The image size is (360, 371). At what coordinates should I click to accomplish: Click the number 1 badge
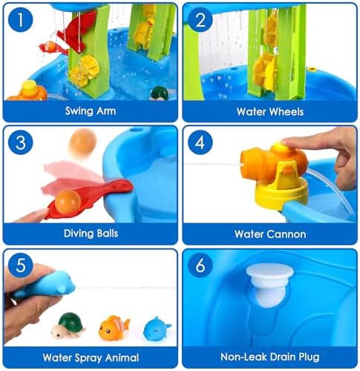point(21,19)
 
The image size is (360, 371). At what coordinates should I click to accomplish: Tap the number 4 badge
point(200,142)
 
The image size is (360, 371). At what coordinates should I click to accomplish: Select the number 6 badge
point(200,266)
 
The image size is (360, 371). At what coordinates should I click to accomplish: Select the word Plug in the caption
point(310,357)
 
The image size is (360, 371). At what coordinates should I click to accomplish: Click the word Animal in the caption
point(122,358)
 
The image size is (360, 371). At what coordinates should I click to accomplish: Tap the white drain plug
point(269,284)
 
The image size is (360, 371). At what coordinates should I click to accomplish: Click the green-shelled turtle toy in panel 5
point(68,325)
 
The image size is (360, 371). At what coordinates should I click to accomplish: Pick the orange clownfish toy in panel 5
point(114,327)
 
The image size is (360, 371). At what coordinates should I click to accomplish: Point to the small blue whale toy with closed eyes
point(157,329)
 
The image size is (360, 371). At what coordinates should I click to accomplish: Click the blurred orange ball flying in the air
point(82,142)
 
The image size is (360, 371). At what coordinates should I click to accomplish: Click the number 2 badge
point(200,19)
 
